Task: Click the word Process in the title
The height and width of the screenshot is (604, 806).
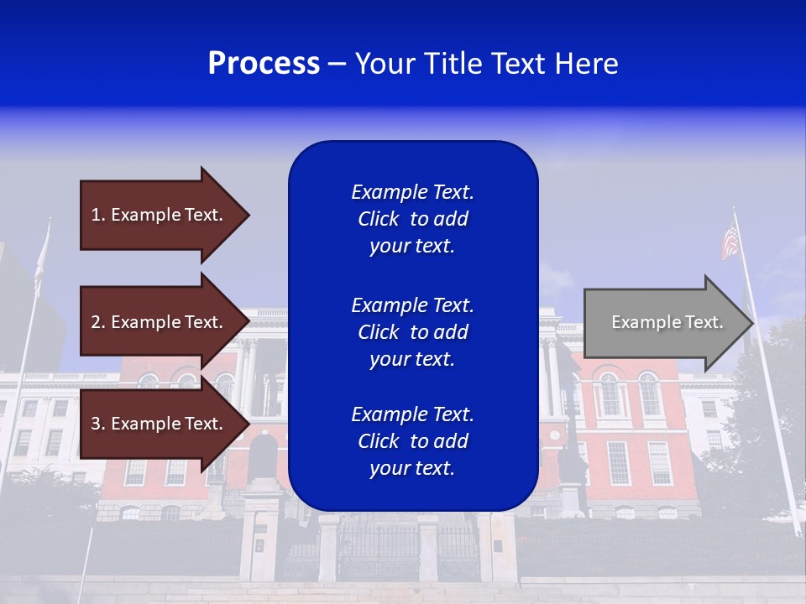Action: tap(264, 64)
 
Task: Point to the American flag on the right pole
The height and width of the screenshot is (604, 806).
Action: tap(730, 242)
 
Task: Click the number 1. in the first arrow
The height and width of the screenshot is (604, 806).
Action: tap(98, 215)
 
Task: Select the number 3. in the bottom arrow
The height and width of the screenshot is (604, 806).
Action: tap(98, 424)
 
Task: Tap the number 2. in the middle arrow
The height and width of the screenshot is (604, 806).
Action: tap(98, 322)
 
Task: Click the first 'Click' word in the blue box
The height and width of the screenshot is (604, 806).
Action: tap(378, 219)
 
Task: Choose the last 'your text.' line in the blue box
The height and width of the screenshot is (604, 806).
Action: tap(411, 468)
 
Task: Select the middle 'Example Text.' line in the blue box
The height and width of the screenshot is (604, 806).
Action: tap(412, 305)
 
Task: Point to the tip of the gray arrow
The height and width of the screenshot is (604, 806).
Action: tap(751, 323)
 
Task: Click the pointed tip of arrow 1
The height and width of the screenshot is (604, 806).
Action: tap(248, 215)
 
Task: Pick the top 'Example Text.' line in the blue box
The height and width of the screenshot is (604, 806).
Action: tap(412, 192)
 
